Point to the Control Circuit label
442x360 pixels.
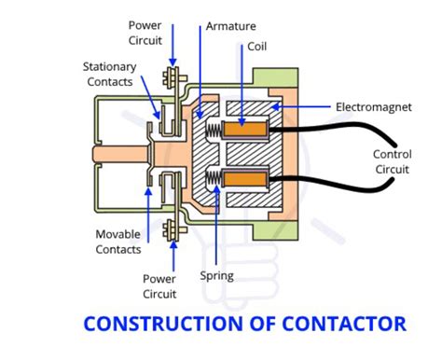[x=392, y=162]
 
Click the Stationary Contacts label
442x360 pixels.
[x=109, y=75]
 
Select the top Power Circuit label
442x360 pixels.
[x=145, y=34]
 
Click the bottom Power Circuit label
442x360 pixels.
[x=159, y=285]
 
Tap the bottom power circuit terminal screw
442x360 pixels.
[x=172, y=225]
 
